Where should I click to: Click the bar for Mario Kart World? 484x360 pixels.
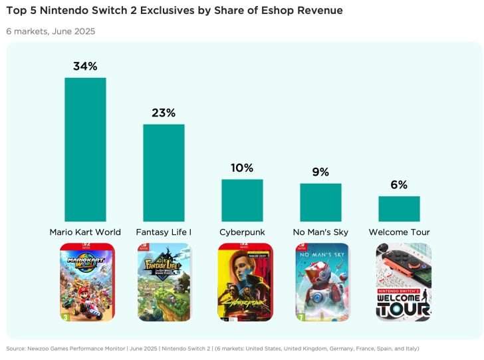click(85, 150)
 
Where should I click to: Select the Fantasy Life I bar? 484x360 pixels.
click(164, 173)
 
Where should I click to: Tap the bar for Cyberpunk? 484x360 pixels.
click(242, 200)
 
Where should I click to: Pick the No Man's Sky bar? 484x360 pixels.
click(320, 202)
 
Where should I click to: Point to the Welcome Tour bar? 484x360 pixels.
click(399, 209)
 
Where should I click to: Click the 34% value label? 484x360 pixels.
click(85, 66)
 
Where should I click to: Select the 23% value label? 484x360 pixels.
click(164, 112)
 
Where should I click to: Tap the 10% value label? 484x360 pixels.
click(242, 168)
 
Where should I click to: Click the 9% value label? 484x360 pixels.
click(320, 172)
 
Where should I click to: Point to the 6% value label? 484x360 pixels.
click(399, 185)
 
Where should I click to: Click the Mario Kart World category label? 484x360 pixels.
click(85, 232)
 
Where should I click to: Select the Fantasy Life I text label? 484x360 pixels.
click(164, 232)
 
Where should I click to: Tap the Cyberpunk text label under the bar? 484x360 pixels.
click(242, 232)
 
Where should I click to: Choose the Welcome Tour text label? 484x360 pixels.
click(399, 232)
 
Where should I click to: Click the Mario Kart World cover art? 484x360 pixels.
click(86, 282)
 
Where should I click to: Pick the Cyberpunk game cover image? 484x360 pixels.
click(245, 282)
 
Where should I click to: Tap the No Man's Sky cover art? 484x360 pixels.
click(322, 282)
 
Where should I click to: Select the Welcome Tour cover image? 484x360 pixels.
click(403, 282)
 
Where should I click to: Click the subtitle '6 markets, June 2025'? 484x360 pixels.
click(51, 31)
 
